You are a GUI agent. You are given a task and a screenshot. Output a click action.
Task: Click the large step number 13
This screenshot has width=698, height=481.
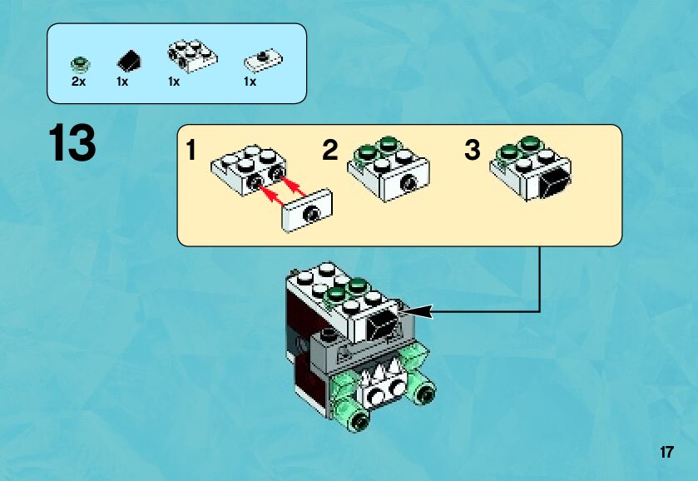tap(72, 142)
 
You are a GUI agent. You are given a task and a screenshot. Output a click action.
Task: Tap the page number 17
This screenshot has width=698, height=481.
tap(666, 453)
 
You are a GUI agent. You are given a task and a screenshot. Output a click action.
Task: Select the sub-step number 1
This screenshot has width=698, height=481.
tap(191, 151)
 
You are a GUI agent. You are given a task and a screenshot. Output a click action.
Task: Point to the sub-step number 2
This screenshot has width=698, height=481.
tap(330, 151)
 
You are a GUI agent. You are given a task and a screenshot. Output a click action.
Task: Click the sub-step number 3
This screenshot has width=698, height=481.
tap(472, 151)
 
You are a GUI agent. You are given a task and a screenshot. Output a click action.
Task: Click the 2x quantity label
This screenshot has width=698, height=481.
tap(79, 82)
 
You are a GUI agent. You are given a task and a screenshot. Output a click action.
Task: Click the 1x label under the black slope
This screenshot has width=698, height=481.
tap(123, 82)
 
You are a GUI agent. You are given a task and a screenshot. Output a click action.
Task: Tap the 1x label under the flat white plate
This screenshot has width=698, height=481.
tap(250, 82)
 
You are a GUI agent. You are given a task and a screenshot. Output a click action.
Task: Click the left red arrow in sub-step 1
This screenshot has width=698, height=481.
tap(269, 196)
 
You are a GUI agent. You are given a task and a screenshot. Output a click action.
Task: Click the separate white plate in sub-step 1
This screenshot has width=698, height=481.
tap(308, 209)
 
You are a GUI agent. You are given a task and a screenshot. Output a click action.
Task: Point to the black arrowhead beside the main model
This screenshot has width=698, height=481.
tap(419, 312)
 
